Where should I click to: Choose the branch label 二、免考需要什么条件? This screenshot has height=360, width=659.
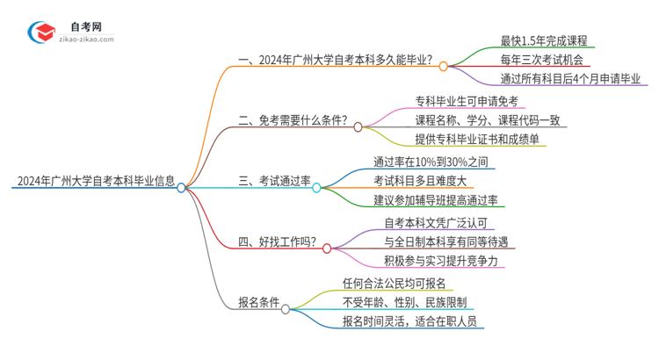pos(293,121)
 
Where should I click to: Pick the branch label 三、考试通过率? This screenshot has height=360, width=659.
pos(273,181)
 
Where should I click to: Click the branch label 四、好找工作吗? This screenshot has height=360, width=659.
pos(278,242)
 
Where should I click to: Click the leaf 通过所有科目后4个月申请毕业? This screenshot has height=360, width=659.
pos(556,80)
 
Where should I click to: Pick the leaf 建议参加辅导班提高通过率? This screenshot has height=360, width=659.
pos(435,200)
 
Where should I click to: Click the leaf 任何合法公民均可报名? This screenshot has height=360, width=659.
pos(395,283)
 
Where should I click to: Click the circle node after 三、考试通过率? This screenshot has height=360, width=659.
pos(316,187)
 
